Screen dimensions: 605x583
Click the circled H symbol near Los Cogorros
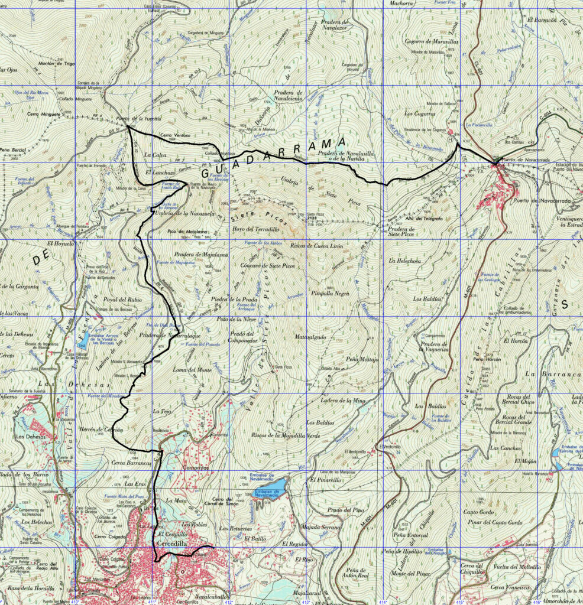click(451, 140)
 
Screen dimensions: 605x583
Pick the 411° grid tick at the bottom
click(153, 602)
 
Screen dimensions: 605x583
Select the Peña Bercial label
click(13, 149)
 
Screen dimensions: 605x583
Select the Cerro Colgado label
click(108, 537)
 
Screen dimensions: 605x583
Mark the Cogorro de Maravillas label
click(424, 41)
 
